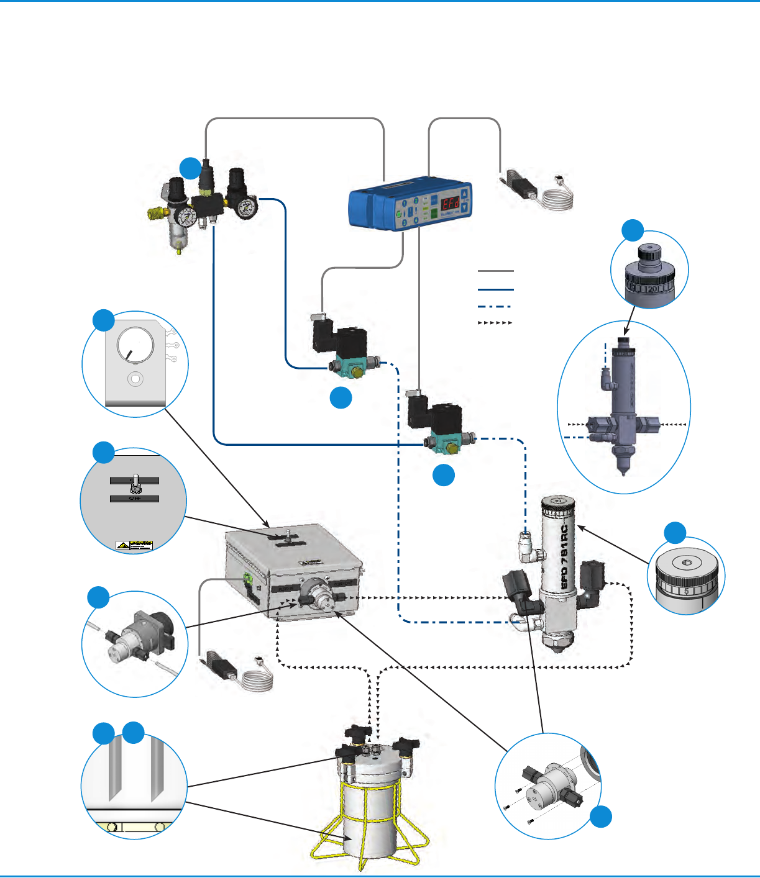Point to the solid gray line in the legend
click(495, 271)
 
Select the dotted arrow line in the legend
click(495, 323)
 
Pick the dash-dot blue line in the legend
click(495, 306)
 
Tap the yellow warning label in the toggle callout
click(134, 545)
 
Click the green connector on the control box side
click(247, 580)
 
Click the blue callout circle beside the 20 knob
click(633, 230)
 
